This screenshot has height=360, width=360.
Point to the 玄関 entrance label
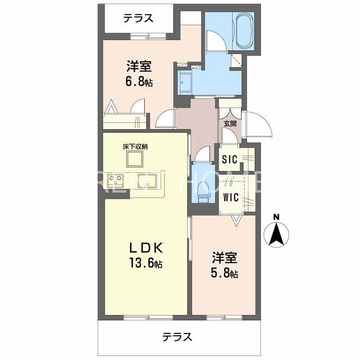coord(229,124)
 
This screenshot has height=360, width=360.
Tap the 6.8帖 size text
coord(139,82)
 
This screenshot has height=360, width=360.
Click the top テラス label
coord(139,18)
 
